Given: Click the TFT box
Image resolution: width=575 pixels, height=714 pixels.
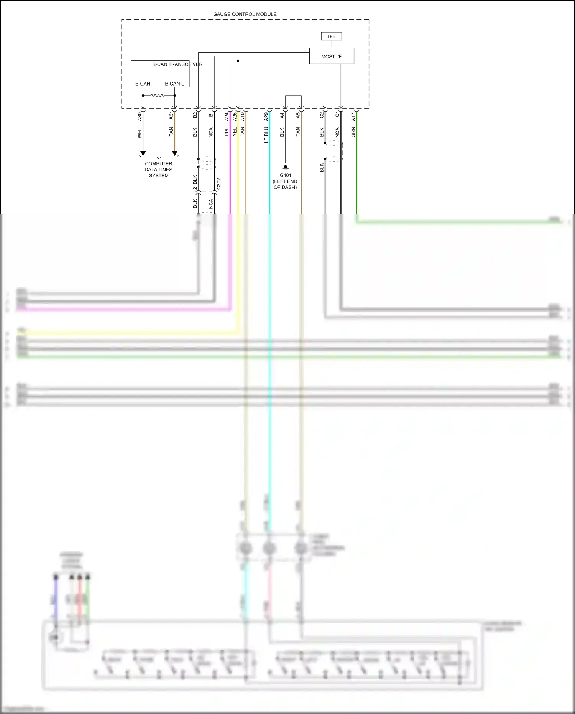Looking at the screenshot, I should coord(331,36).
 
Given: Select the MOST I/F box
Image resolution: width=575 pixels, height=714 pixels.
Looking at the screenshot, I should coord(331,56).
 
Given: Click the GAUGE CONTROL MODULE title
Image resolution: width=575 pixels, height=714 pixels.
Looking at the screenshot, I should coord(245,14).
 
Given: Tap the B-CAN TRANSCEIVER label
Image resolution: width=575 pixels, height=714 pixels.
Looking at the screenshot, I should coord(177,64).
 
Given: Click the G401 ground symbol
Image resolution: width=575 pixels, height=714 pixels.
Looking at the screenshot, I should coord(285,168).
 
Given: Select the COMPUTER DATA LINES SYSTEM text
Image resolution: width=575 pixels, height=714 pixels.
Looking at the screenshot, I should coord(158,170).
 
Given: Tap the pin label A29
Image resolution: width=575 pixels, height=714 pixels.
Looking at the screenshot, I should coord(266,117).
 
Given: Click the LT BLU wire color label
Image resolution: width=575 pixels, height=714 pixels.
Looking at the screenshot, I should coord(266,135).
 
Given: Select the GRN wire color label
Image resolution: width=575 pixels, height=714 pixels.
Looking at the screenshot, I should coord(353,132).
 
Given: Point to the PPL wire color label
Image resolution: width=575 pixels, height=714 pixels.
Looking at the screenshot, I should coord(227,132).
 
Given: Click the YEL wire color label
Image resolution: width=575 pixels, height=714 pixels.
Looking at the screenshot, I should coord(235,132).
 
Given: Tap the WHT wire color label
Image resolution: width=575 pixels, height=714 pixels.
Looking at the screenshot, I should coord(140,133).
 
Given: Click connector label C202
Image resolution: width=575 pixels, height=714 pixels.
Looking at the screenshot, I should coord(219,184).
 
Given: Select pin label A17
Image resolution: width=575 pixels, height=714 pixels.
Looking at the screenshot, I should coord(353,117).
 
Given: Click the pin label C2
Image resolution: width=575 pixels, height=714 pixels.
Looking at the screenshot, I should coord(322,115).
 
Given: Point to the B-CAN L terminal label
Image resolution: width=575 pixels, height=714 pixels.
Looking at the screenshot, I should coord(174,84).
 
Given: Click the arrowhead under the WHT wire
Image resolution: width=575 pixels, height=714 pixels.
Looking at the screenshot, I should coord(143,153).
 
